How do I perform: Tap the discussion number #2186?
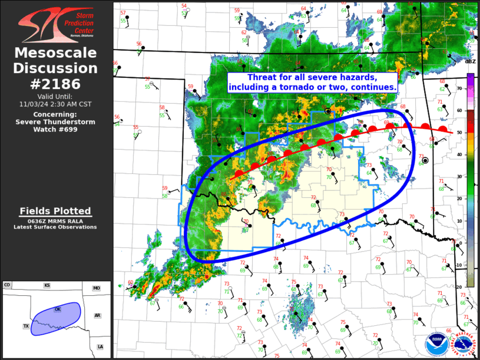(x=56, y=84)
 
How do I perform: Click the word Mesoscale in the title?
(x=56, y=54)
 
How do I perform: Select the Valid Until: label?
(x=56, y=96)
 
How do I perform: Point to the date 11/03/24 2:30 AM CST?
(x=56, y=104)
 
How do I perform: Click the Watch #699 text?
(x=56, y=130)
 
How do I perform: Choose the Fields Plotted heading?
(x=55, y=211)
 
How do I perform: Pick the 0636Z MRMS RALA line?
(x=55, y=220)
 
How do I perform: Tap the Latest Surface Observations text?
(x=55, y=227)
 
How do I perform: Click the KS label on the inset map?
(x=47, y=285)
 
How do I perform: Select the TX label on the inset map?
(x=26, y=326)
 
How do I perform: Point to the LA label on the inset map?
(x=100, y=346)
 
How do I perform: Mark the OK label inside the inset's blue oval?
(x=58, y=309)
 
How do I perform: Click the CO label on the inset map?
(x=7, y=285)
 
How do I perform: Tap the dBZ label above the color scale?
(x=470, y=61)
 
